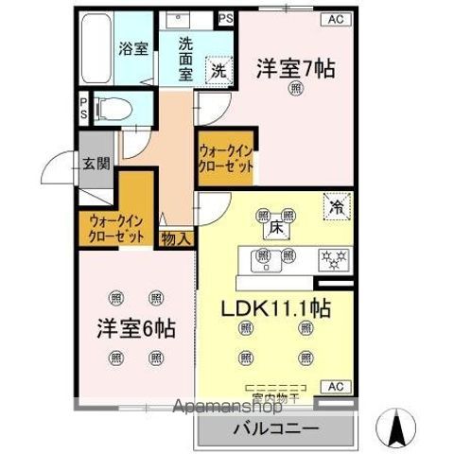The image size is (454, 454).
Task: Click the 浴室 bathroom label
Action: click(133, 49)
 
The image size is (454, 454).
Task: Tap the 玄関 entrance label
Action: click(95, 163)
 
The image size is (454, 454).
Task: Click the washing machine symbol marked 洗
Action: click(218, 69)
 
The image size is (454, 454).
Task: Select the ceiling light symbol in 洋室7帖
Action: click(297, 91)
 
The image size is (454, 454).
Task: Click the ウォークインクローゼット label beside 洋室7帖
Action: click(225, 157)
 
